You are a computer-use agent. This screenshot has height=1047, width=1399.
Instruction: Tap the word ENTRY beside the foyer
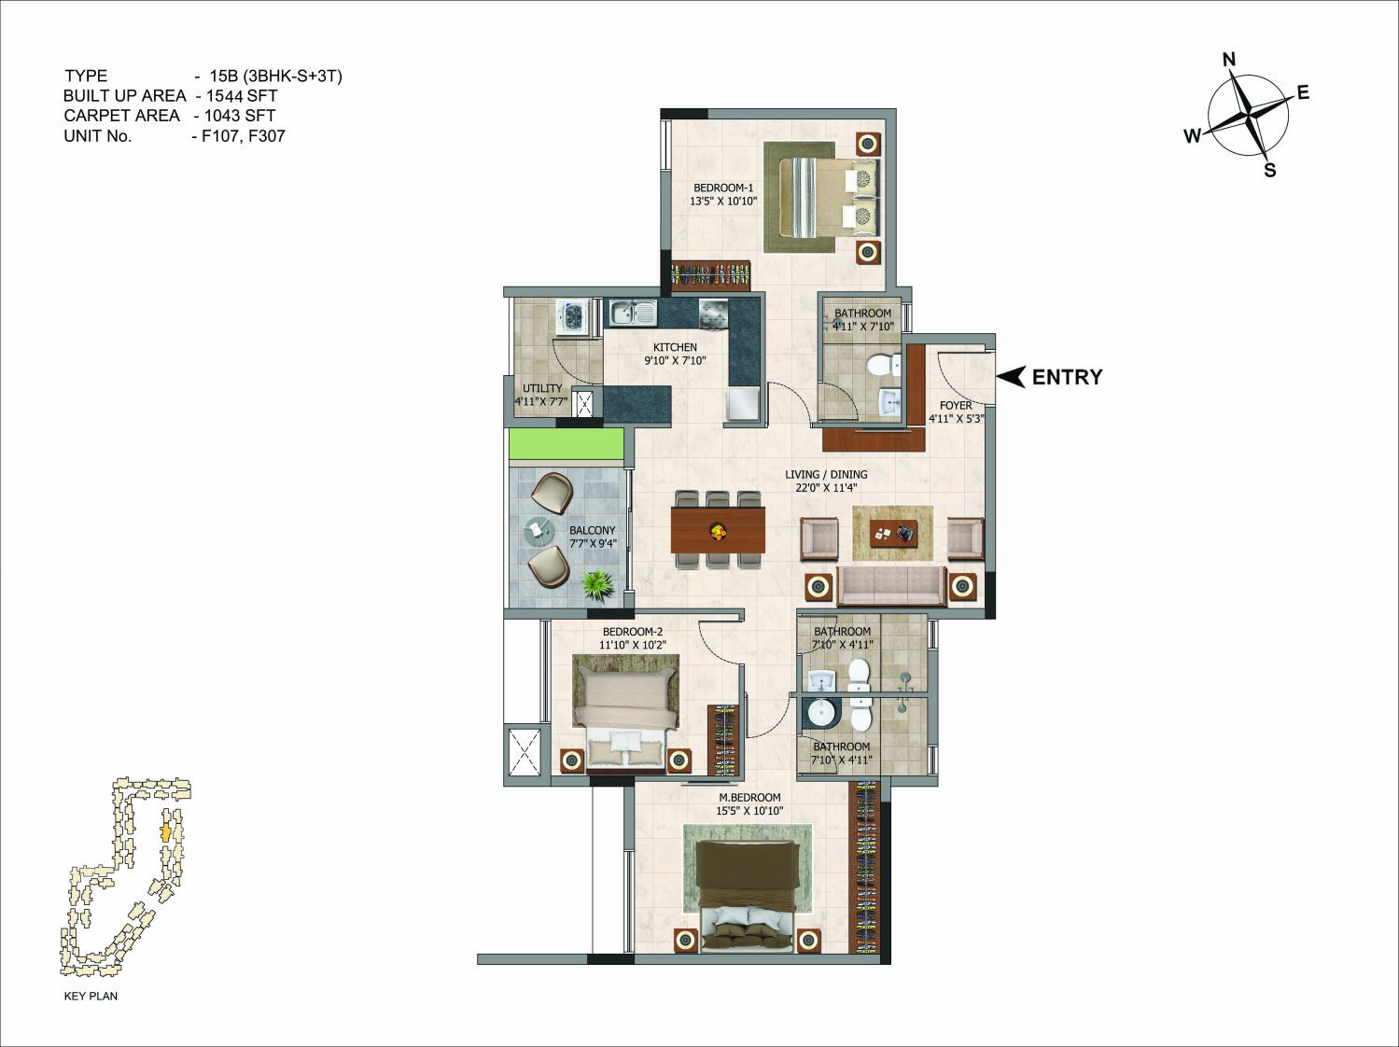[1067, 377]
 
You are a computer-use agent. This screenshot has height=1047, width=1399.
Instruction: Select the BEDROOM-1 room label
[723, 188]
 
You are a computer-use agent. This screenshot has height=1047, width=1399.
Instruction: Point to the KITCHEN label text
[675, 347]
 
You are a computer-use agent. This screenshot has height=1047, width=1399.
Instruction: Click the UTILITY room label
[542, 388]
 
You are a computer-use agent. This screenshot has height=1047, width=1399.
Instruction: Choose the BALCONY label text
[593, 530]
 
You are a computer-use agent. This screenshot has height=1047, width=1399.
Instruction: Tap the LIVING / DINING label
[826, 474]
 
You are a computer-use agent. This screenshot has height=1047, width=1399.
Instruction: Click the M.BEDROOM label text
[749, 797]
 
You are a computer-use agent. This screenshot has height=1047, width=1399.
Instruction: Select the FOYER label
[956, 405]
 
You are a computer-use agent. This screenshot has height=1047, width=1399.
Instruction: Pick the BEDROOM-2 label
[633, 632]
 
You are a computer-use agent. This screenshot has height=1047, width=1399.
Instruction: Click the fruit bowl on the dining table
[719, 529]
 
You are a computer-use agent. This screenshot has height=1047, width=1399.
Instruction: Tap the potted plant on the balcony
[598, 583]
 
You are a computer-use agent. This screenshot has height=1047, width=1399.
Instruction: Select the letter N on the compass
[1229, 60]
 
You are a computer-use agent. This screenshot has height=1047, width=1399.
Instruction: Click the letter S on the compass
[1270, 170]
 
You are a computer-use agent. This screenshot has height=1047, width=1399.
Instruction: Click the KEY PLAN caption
[91, 996]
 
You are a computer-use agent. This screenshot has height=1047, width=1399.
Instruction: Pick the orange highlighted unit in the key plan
[166, 833]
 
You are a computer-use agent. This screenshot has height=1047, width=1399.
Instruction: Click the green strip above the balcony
[566, 444]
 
